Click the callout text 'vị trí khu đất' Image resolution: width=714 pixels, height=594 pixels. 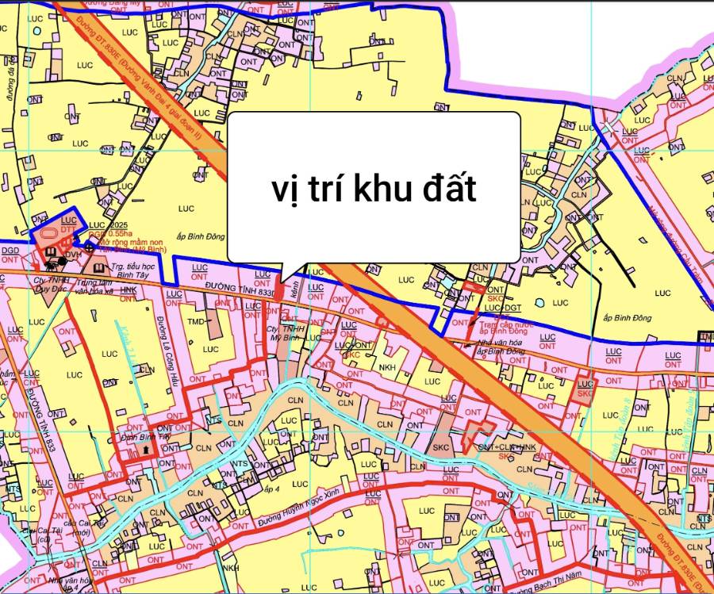374,190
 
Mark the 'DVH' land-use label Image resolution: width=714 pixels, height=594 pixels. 73,255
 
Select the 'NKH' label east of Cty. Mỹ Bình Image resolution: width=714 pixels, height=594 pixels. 386,367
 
